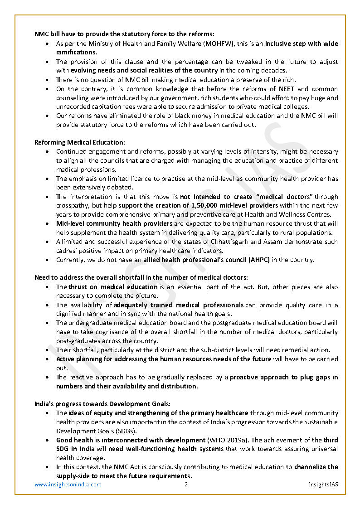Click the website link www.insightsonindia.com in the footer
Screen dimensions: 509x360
[68, 485]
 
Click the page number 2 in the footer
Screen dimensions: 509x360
[186, 485]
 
